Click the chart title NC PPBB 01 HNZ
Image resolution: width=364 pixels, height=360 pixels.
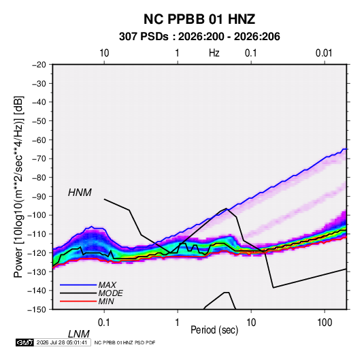tap(199, 19)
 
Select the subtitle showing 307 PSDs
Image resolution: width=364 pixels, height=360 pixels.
tap(199, 37)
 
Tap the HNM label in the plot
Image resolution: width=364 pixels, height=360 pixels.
tap(80, 193)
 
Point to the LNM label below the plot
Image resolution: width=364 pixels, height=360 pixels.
tap(78, 334)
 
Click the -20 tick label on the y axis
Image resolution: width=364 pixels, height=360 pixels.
tap(39, 65)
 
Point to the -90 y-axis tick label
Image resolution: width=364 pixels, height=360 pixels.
tap(39, 197)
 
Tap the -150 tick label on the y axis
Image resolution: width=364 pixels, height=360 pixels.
tap(37, 310)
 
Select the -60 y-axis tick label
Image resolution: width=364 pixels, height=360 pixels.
tap(39, 140)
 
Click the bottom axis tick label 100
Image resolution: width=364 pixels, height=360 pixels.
tap(325, 323)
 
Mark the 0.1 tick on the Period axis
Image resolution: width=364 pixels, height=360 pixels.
tap(104, 323)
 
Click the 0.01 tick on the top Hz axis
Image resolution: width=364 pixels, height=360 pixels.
tap(324, 53)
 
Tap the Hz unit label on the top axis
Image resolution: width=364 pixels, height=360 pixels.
tap(214, 53)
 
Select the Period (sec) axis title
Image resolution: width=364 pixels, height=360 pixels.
tap(214, 330)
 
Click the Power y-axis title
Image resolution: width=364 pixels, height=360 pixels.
tap(18, 187)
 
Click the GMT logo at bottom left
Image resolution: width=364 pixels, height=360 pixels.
tap(24, 342)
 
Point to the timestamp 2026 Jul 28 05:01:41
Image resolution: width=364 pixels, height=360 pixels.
tap(62, 342)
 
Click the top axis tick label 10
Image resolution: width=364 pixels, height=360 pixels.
tap(104, 53)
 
